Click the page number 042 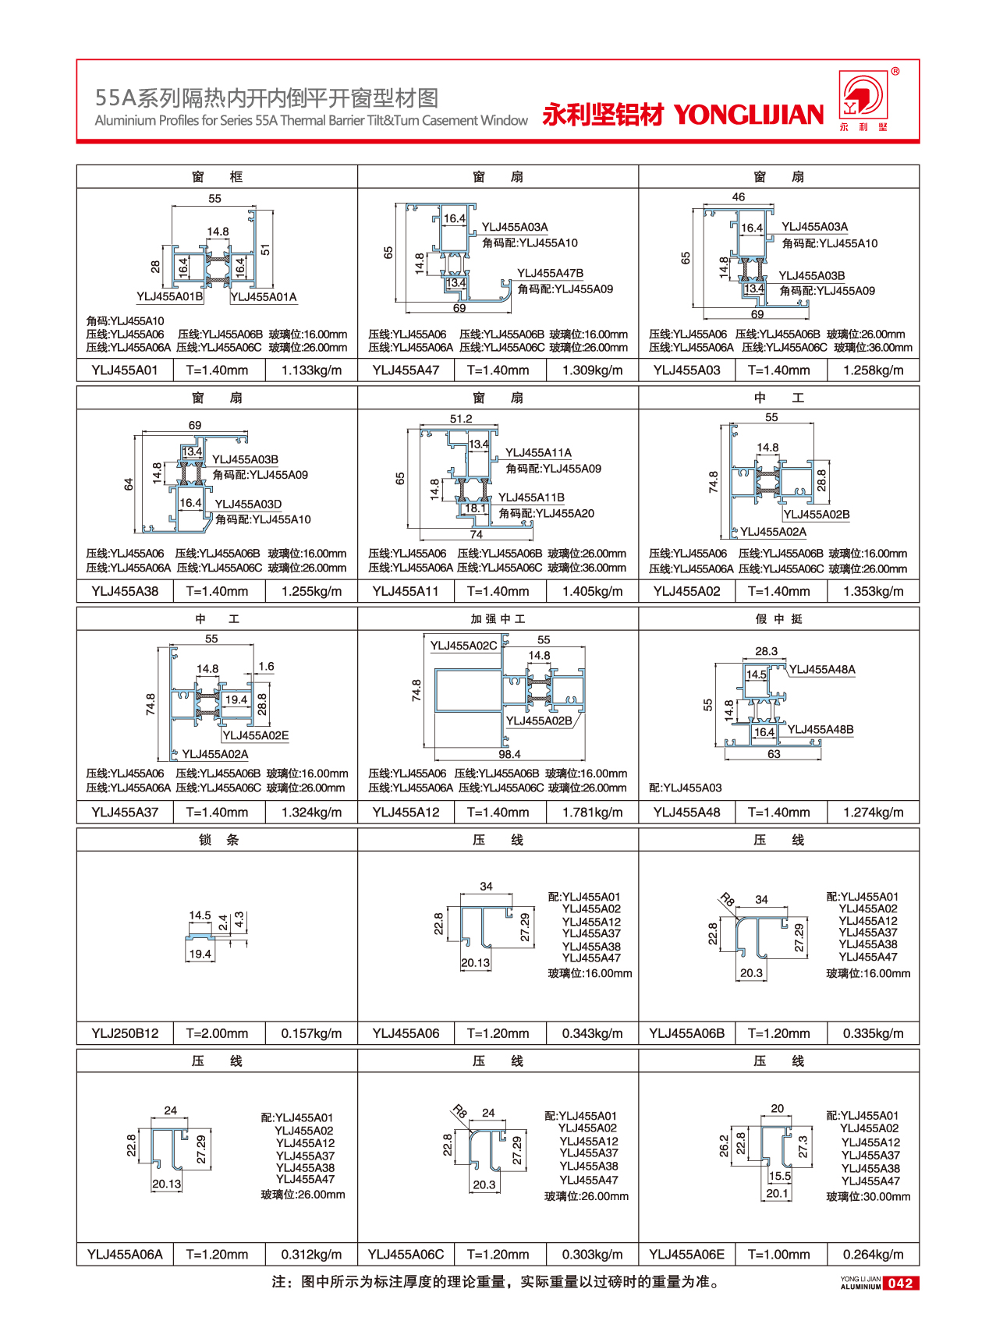[900, 1283]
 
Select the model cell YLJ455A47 [406, 370]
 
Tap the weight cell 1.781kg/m [592, 813]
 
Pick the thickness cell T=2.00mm [217, 1033]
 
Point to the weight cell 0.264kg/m [873, 1254]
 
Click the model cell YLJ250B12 [125, 1033]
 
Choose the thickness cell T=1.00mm [778, 1254]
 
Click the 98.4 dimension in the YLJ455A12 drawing [509, 754]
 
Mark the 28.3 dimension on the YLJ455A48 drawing [766, 651]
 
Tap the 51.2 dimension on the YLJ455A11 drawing [461, 419]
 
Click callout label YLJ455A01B [170, 296]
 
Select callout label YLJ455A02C [463, 646]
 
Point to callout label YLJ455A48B [821, 730]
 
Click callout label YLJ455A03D [248, 505]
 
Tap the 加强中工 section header [498, 619]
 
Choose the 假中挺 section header [778, 619]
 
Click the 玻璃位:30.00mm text [868, 1196]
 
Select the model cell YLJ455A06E [686, 1254]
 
